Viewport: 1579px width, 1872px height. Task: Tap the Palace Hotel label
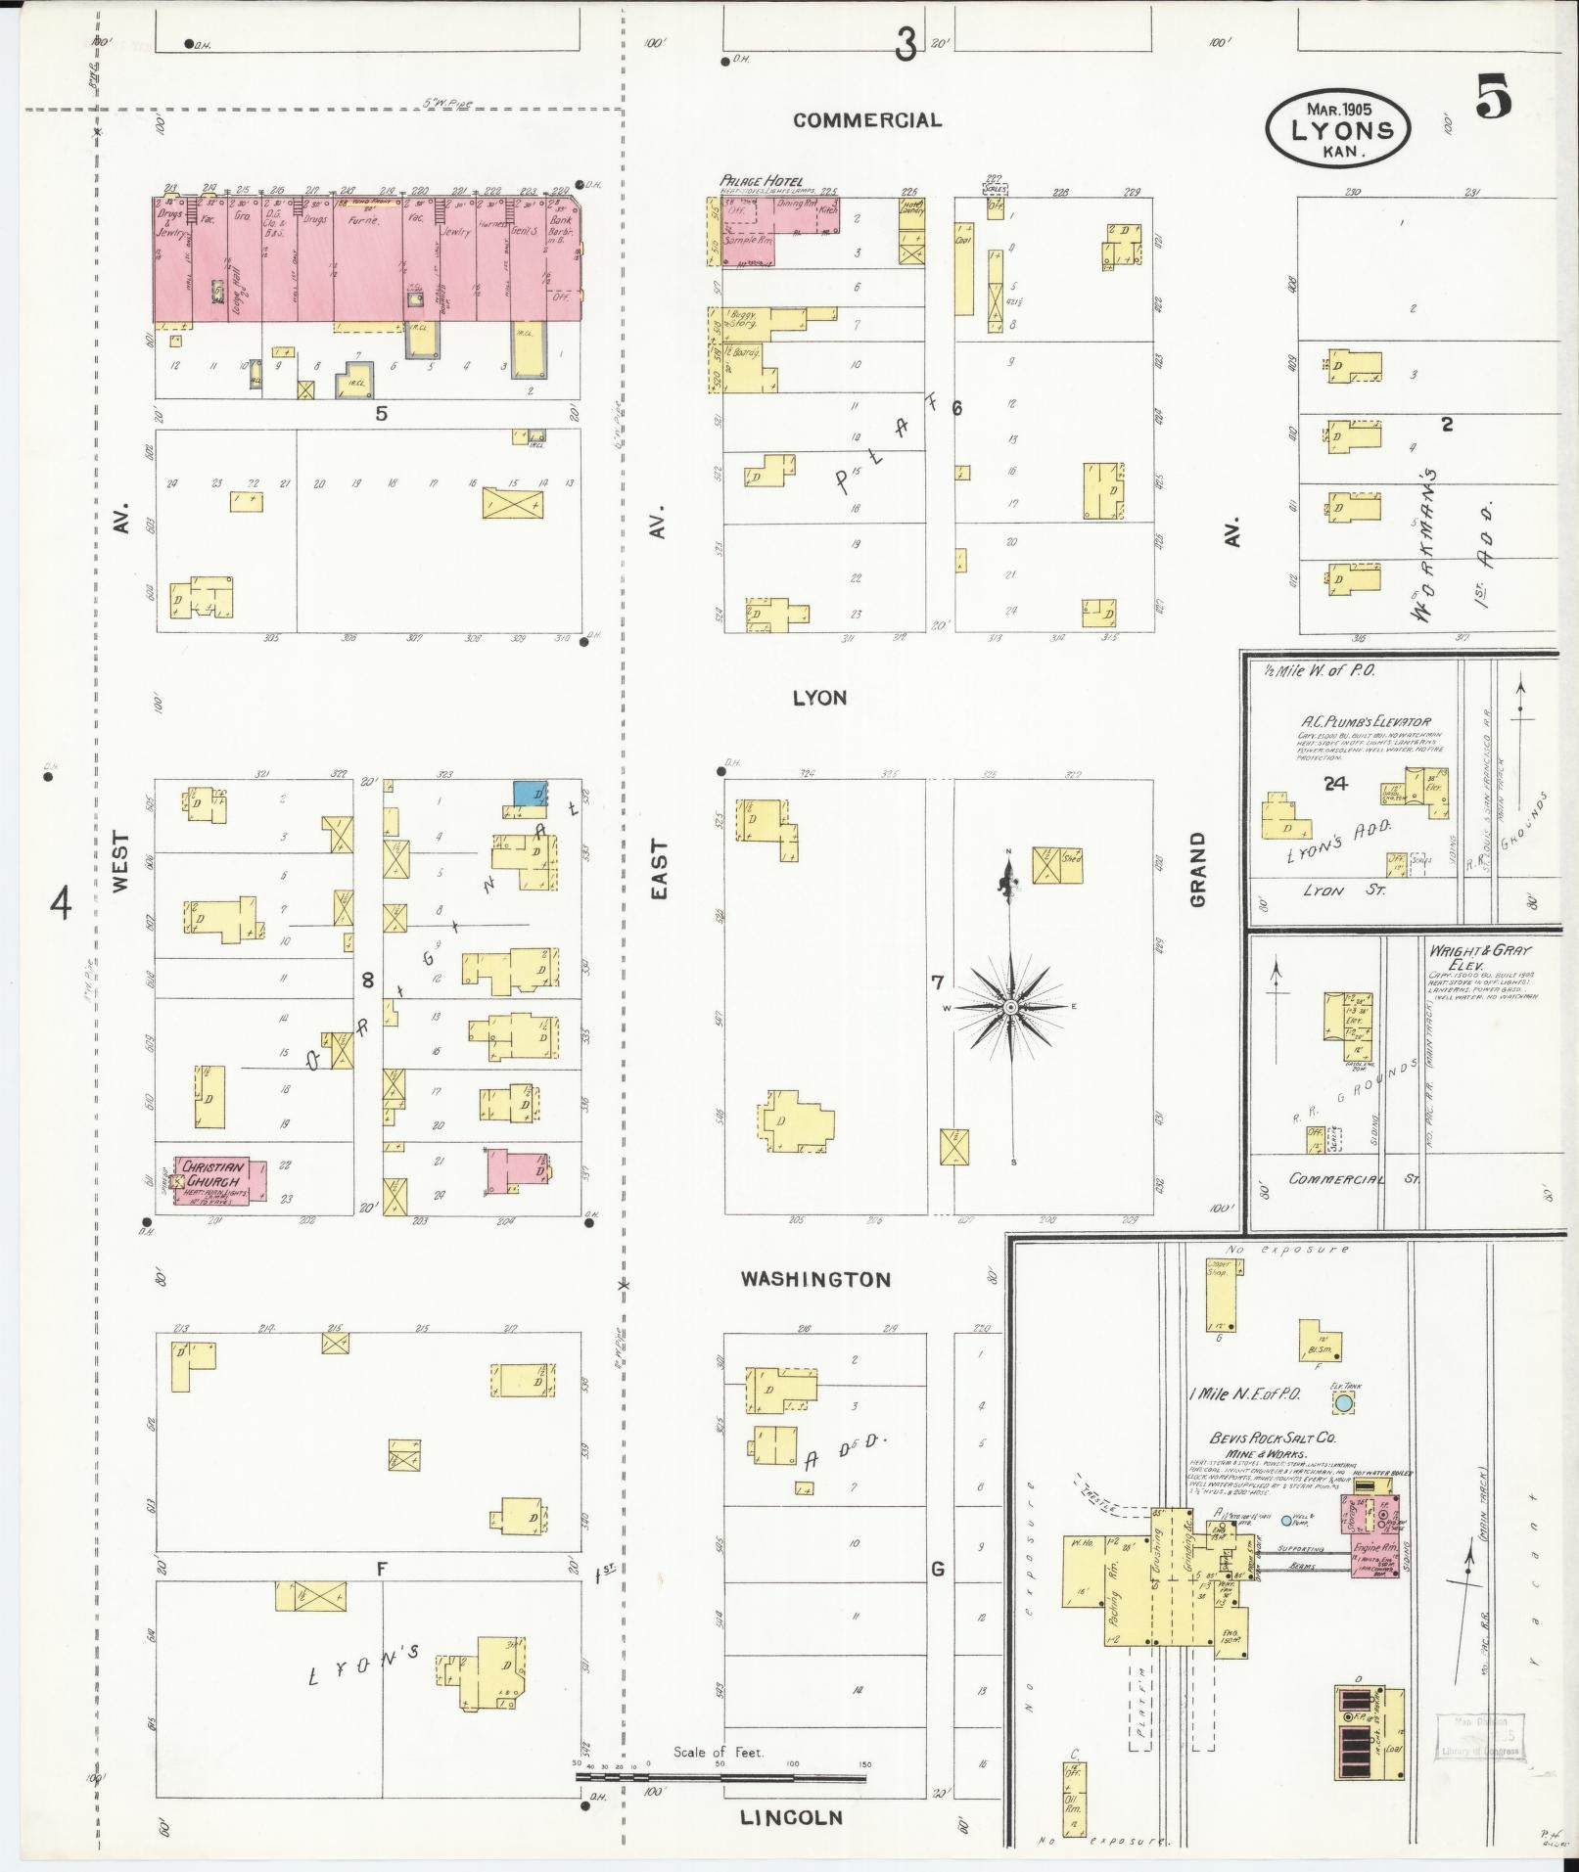click(x=762, y=181)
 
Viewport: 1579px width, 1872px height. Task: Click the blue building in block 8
click(x=529, y=793)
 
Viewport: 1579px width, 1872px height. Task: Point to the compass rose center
click(x=1010, y=1007)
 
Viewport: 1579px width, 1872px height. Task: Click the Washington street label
click(x=815, y=1279)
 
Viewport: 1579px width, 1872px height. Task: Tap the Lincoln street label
click(x=790, y=1817)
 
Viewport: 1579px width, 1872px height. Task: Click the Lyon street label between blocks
click(x=819, y=698)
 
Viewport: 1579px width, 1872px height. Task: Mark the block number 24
click(x=1334, y=783)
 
